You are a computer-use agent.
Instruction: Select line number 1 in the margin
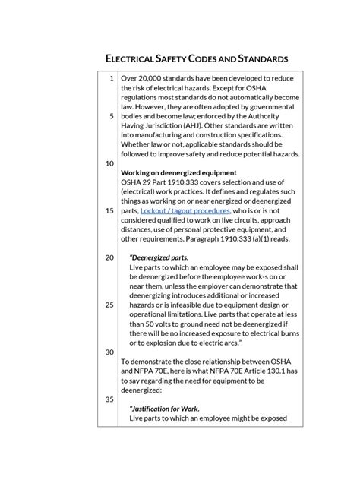pos(112,78)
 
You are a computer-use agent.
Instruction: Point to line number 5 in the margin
pos(112,116)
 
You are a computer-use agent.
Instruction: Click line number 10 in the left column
pos(109,163)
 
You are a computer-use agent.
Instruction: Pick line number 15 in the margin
pos(109,210)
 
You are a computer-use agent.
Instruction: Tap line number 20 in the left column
pos(109,257)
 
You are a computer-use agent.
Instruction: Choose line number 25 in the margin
pos(109,305)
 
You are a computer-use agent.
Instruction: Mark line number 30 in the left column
pos(109,352)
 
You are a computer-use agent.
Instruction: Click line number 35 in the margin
pos(109,399)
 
